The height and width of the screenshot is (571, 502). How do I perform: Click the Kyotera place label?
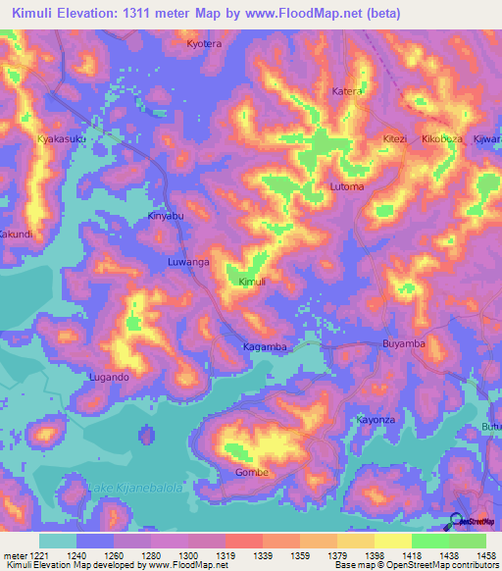coord(205,45)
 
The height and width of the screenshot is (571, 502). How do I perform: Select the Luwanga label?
coord(188,263)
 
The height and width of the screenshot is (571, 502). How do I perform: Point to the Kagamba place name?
coord(265,347)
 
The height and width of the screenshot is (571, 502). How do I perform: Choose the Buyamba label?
coord(403,344)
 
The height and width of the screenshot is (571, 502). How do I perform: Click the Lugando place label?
coord(109,377)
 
